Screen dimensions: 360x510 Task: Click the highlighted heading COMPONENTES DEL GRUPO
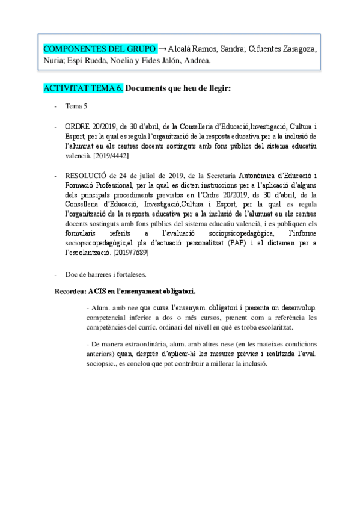pyautogui.click(x=100, y=48)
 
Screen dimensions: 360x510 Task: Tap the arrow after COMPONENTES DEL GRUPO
pyautogui.click(x=162, y=48)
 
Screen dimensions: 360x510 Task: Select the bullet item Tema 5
pyautogui.click(x=78, y=106)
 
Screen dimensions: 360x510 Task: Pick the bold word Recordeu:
pyautogui.click(x=69, y=292)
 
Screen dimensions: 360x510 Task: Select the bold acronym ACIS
pyautogui.click(x=97, y=292)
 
